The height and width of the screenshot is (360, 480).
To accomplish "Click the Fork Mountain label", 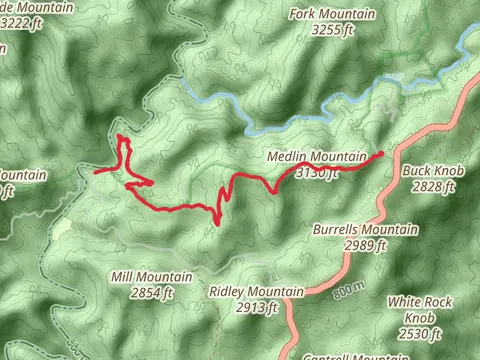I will pos(331,14).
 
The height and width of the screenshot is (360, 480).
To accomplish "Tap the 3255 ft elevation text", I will pos(333,31).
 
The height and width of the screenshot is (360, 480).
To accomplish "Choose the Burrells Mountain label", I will pos(365,229).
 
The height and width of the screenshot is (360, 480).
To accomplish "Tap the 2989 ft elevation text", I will pos(365,245).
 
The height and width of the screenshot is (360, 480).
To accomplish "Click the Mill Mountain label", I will pos(151,276).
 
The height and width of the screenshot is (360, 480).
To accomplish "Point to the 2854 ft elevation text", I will pos(152,292).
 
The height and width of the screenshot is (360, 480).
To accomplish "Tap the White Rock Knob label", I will pos(421,309).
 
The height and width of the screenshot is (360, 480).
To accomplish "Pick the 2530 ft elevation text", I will pos(421,333).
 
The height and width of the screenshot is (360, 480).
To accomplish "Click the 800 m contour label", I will pos(343,291).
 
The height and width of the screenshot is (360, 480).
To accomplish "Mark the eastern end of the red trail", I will pos(382,153).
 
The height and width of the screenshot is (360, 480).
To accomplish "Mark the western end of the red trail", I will pos(96,173).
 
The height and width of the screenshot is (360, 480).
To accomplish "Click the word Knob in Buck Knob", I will pos(451,170).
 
